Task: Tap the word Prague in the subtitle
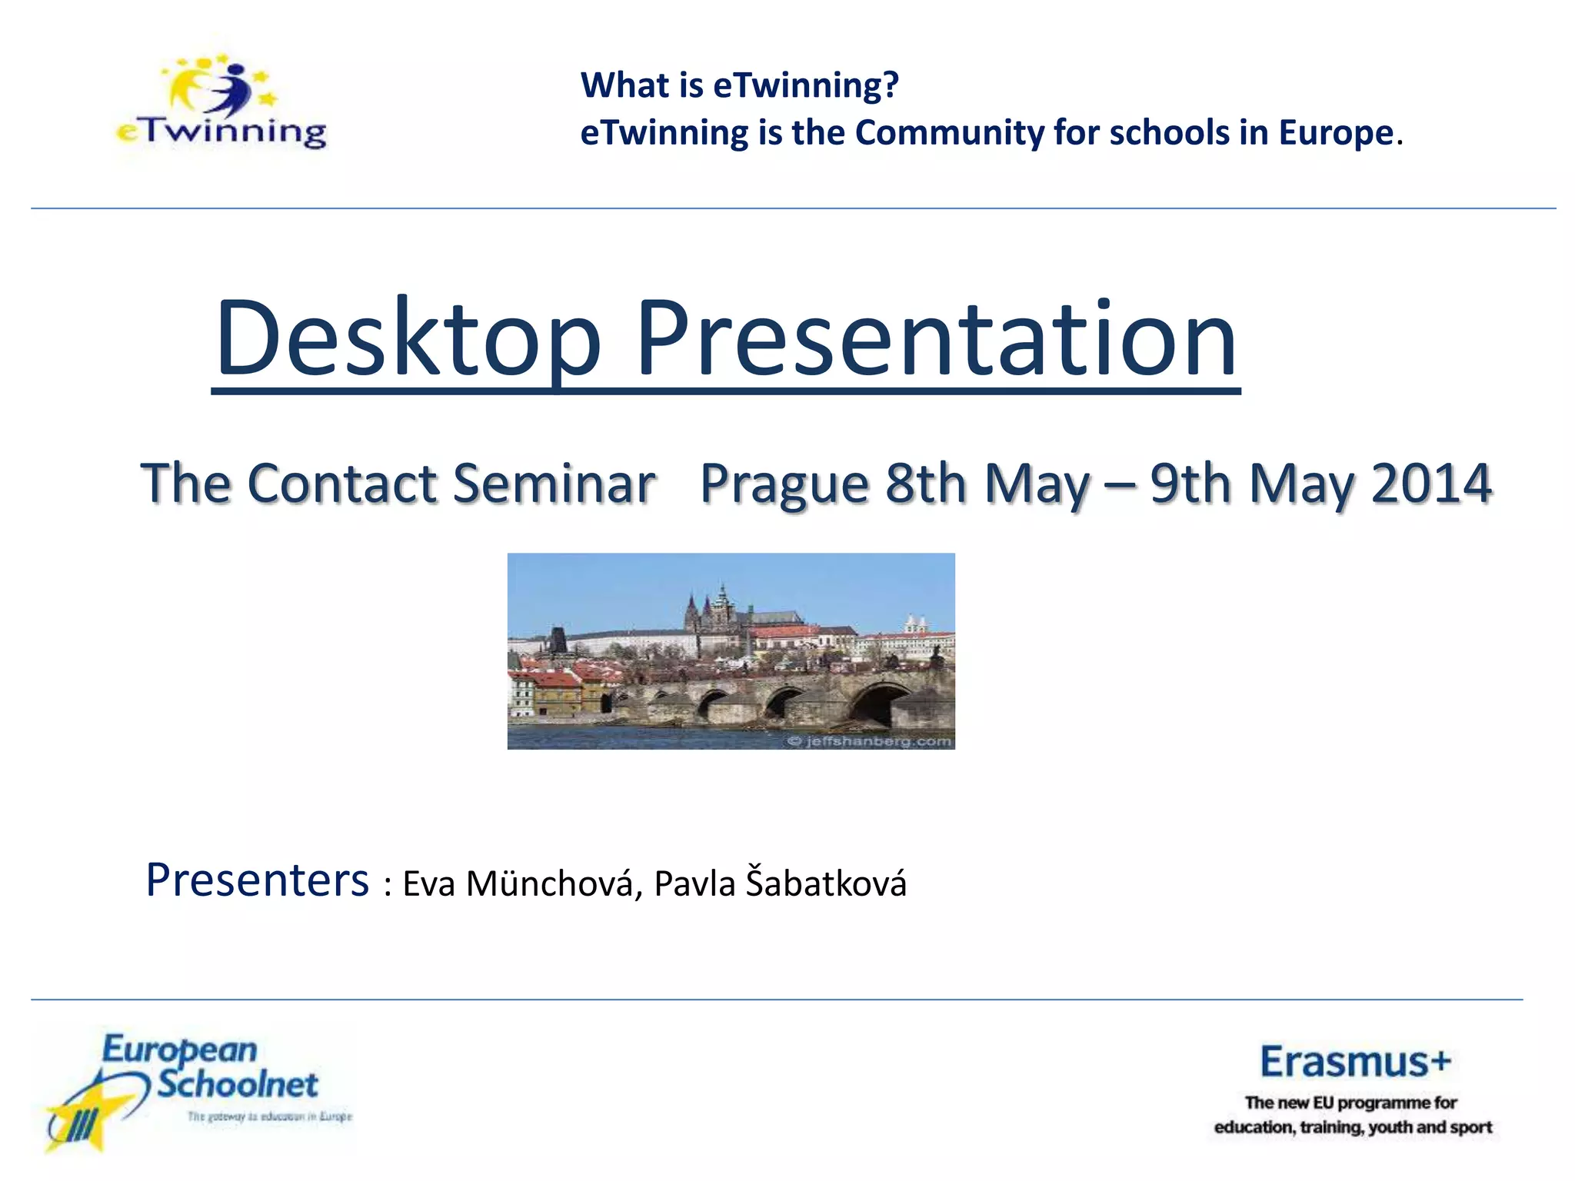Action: coord(784,484)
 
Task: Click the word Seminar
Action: coord(554,484)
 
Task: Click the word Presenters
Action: coord(258,880)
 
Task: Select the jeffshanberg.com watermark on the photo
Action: coord(869,741)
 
